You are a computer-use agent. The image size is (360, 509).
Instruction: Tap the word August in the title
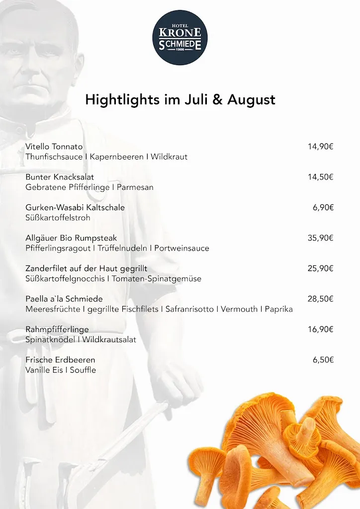[251, 99]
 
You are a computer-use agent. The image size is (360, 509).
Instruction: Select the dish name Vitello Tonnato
[54, 147]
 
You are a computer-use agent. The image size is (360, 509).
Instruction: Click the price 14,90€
[320, 147]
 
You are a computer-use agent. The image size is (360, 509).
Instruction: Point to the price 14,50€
[320, 177]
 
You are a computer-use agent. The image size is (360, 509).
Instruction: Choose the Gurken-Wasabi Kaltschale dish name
[75, 207]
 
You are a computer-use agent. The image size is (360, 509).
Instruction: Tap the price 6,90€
[323, 207]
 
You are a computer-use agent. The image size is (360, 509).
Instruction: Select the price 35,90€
[320, 238]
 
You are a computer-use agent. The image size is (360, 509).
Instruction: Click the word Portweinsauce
[182, 248]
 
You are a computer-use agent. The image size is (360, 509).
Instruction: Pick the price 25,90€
[320, 268]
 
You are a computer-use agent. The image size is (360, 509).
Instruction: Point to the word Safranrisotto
[189, 309]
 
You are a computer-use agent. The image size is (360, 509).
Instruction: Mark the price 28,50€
[320, 299]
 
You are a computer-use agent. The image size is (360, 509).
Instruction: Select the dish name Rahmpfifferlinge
[57, 329]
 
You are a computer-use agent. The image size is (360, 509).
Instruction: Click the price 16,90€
[320, 329]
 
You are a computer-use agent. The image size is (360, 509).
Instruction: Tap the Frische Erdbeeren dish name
[60, 359]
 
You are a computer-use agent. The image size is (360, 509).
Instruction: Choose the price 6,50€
[323, 359]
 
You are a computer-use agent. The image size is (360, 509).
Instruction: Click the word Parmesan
[135, 187]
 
